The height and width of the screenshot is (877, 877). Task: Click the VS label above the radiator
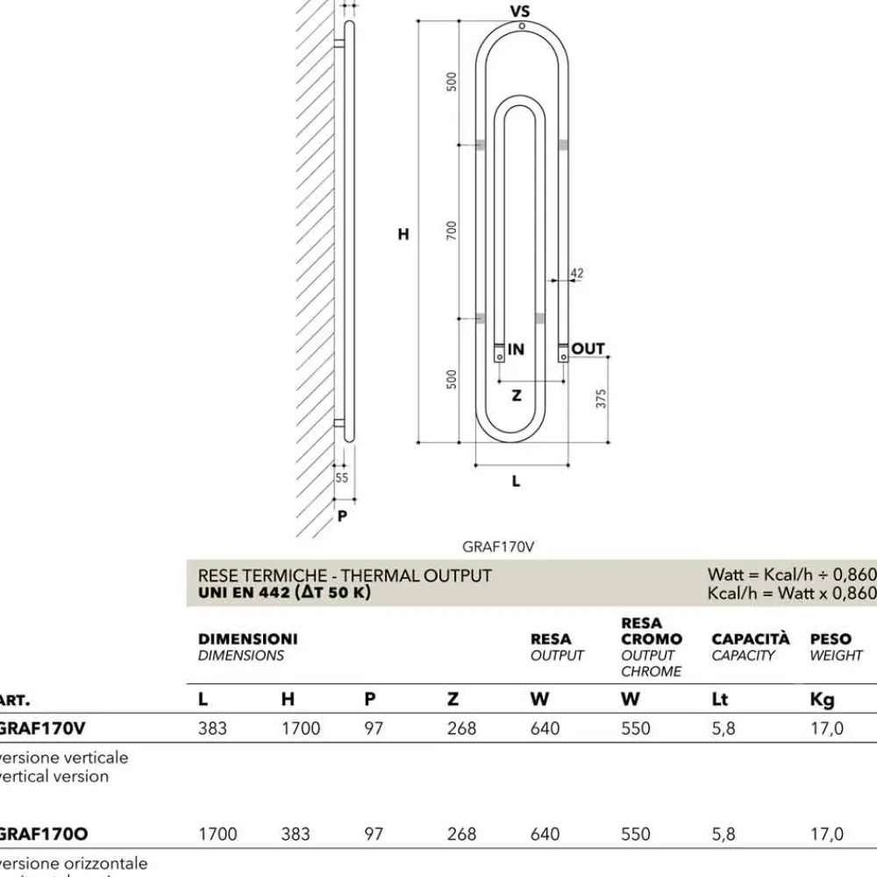pos(520,11)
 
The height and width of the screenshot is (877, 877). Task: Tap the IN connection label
pos(516,349)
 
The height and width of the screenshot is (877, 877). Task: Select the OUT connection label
pos(588,349)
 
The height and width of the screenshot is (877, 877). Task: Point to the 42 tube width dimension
pos(576,274)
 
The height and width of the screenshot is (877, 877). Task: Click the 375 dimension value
pos(601,398)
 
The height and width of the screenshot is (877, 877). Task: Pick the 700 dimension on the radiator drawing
pos(452,230)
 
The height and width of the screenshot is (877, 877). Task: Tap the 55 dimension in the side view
pos(342,478)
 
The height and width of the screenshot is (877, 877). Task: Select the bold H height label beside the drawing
pos(403,234)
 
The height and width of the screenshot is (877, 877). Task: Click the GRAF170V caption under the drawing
pos(498,545)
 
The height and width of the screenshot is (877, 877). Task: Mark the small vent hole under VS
pos(522,26)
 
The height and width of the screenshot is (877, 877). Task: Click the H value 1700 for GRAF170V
pos(301,729)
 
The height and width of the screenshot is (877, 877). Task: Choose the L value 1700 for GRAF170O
pos(217,834)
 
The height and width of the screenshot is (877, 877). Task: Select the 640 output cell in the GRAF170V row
pos(545,729)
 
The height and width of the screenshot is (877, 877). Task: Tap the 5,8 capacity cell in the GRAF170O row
pos(724,834)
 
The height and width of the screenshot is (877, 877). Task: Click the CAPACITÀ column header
pos(750,639)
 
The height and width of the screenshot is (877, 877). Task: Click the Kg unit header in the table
pos(822,699)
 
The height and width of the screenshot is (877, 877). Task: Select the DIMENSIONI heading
pos(247,639)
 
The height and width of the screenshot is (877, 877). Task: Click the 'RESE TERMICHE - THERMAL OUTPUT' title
pos(345,575)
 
